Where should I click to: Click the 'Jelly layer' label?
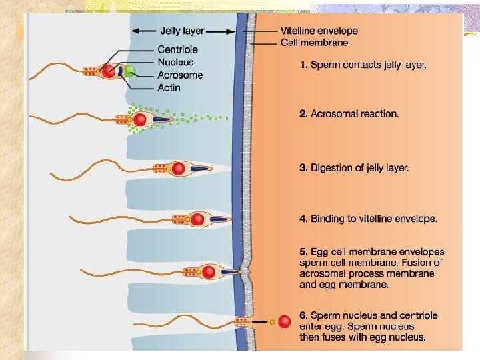(x=182, y=31)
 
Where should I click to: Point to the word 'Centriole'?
(x=177, y=49)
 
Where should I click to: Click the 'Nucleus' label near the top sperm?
(x=175, y=62)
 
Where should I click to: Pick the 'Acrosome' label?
(x=180, y=75)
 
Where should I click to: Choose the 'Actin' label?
(x=169, y=87)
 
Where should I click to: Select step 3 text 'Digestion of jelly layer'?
(x=359, y=168)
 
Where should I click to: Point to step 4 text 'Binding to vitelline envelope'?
(x=373, y=219)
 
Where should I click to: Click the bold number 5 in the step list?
(x=303, y=252)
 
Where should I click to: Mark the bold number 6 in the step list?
(x=303, y=315)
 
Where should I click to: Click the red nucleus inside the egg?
(x=284, y=322)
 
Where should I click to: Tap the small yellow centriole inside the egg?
(x=272, y=322)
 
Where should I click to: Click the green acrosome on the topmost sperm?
(x=131, y=70)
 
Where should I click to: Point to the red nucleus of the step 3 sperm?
(x=178, y=169)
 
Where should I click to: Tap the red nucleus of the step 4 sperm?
(x=197, y=219)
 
